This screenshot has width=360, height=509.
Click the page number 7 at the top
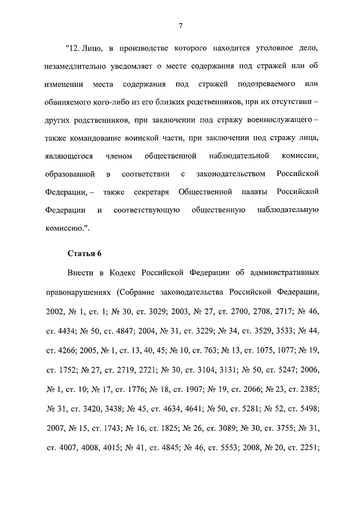coord(180,25)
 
